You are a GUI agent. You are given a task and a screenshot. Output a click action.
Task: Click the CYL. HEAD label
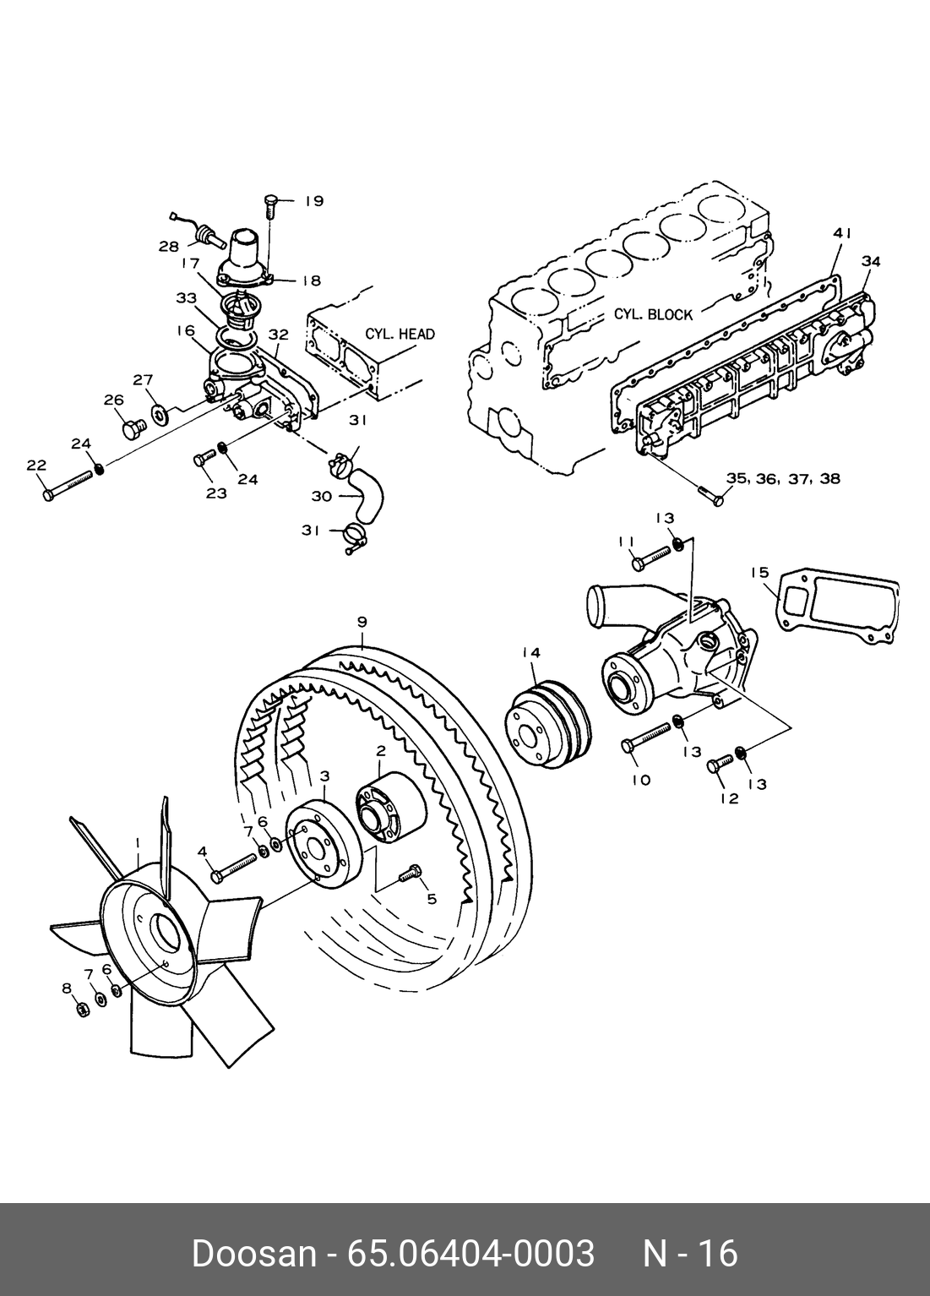coord(400,334)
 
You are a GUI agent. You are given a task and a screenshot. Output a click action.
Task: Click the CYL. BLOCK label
coord(652,314)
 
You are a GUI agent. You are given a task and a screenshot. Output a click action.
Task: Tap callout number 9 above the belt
coord(362,623)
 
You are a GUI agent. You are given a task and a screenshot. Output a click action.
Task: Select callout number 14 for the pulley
coord(530,652)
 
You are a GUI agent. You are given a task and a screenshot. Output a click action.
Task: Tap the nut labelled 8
coord(83,1010)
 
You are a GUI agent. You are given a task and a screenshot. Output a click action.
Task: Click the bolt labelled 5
coord(408,874)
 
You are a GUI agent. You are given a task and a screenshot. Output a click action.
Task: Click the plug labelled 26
coord(132,430)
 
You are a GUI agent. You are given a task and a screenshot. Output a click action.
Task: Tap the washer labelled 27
coord(160,415)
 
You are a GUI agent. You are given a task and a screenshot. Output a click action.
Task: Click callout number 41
coord(841,233)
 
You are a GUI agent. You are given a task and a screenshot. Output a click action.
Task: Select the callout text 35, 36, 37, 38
coord(783,478)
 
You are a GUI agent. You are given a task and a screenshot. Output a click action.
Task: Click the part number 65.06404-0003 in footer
coord(471,1253)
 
